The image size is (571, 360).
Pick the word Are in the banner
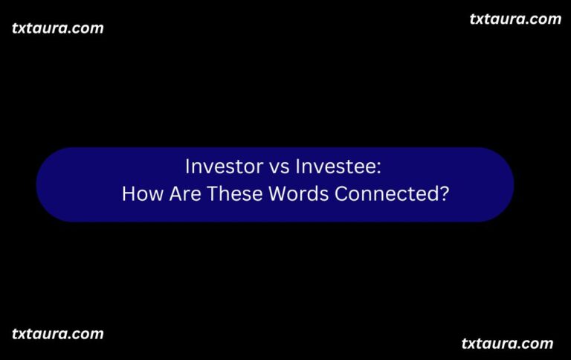click(x=181, y=194)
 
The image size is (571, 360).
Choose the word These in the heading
click(x=233, y=194)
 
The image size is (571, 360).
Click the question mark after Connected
click(x=444, y=194)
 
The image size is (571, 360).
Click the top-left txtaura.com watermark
click(x=58, y=28)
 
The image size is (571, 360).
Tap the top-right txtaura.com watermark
click(x=515, y=19)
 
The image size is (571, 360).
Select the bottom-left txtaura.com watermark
click(x=58, y=333)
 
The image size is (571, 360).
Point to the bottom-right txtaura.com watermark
click(x=507, y=343)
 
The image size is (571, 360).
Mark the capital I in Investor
click(x=187, y=166)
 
